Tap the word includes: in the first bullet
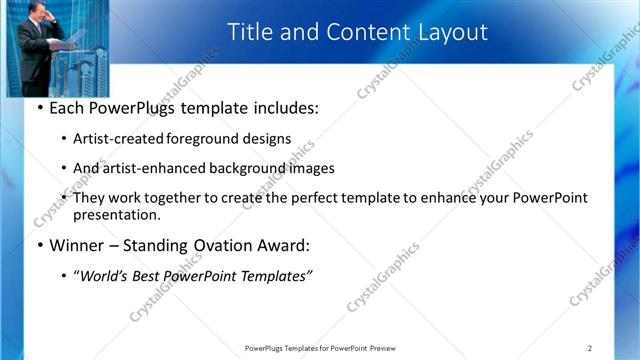[283, 107]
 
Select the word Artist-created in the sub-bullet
[118, 139]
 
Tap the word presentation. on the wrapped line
[116, 214]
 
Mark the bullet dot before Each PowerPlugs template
[39, 107]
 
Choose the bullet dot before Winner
[39, 245]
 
